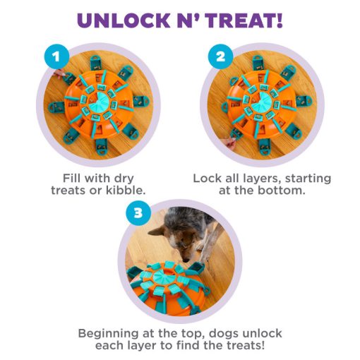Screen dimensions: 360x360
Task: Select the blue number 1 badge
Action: (56, 56)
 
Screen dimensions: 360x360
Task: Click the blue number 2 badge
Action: (220, 56)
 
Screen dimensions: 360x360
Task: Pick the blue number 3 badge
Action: (138, 213)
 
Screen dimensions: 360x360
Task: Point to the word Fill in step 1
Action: (72, 178)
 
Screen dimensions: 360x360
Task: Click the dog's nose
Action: (186, 260)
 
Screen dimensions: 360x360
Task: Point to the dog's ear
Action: (157, 231)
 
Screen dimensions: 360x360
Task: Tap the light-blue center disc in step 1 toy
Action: (101, 102)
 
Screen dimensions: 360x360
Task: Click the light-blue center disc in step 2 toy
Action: (262, 102)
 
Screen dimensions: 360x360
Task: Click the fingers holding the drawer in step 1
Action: (59, 73)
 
